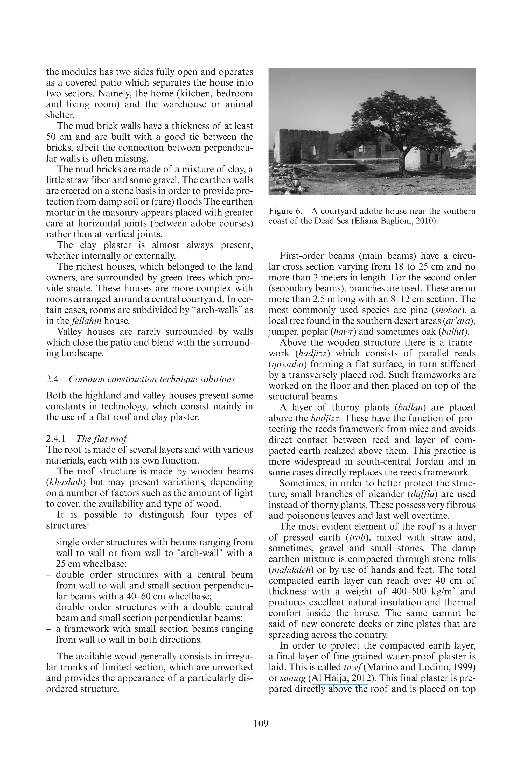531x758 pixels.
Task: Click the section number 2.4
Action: (52, 379)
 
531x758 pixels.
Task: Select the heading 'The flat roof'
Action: (102, 439)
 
